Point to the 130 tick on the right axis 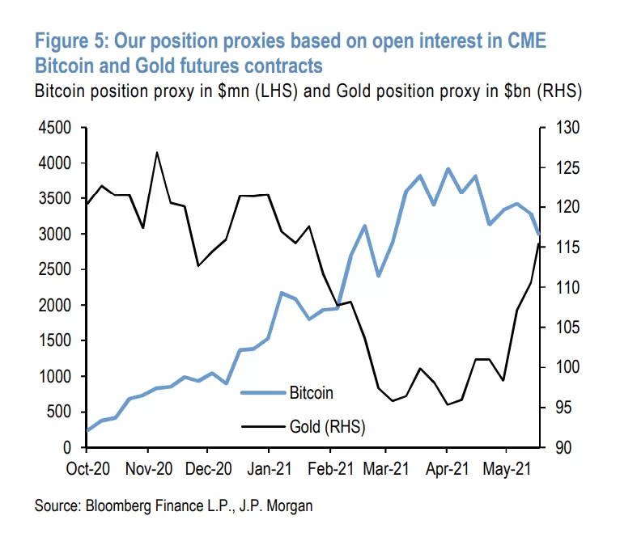click(563, 128)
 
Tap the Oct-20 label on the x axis click(87, 468)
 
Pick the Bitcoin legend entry click(311, 393)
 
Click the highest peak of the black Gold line click(156, 152)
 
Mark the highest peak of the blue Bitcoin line click(447, 169)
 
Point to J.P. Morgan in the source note click(276, 506)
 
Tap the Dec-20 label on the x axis click(208, 468)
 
